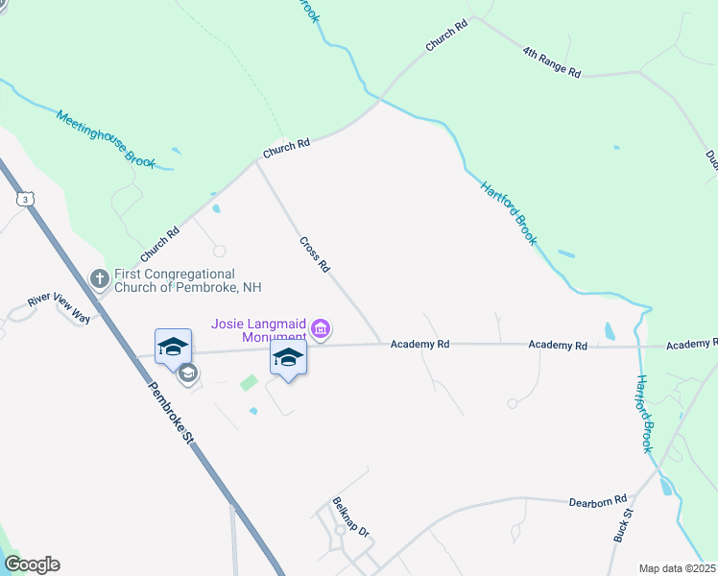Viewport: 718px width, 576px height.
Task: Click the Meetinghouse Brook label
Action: tap(106, 139)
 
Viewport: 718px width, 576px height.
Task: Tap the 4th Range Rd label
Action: tap(552, 60)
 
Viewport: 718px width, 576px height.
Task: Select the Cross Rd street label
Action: tap(314, 254)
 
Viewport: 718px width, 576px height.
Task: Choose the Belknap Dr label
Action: tap(350, 516)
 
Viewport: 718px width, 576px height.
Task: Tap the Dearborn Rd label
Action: tap(597, 500)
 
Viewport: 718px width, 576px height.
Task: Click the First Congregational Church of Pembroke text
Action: tap(187, 280)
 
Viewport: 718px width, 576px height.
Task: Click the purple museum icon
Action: tap(321, 330)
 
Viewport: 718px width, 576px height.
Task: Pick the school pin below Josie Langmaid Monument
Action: tap(288, 359)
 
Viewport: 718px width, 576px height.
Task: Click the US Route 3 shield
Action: tap(24, 198)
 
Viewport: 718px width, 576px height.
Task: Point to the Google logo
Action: tap(32, 564)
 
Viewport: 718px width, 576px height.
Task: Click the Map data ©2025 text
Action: tap(677, 568)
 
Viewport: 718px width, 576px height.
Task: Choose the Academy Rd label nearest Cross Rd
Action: tap(420, 343)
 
